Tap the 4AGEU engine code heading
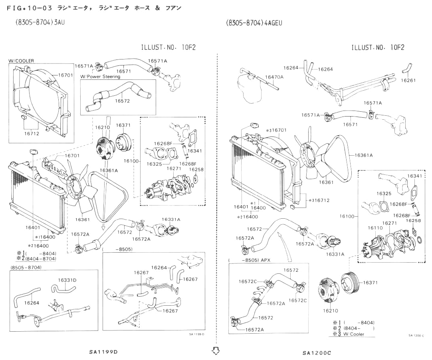point(254,23)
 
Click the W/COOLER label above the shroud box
point(21,61)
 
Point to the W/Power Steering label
point(100,76)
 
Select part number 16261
point(408,80)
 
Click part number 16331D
point(67,280)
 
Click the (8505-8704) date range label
point(26,267)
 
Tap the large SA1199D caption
point(103,352)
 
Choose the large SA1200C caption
point(317,352)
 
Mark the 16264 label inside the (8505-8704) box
point(32,303)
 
